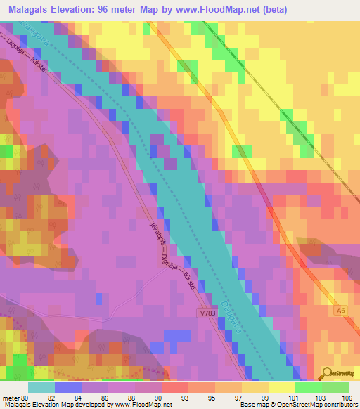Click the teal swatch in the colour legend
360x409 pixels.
(41, 387)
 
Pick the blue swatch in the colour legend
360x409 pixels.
(68, 387)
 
